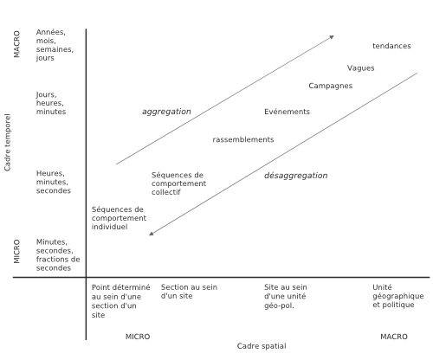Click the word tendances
point(391,46)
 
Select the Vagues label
point(360,68)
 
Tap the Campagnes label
point(331,86)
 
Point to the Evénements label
point(287,112)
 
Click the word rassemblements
point(243,139)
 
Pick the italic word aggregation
point(166,112)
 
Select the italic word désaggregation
point(296,176)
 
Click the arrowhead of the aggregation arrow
point(333,37)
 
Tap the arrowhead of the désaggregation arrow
point(152,234)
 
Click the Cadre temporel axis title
point(7,142)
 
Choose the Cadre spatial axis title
point(262,346)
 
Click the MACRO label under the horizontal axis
point(394,337)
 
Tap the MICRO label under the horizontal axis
point(138,337)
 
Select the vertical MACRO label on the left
point(16,44)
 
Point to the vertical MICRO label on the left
point(16,251)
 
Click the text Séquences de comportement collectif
point(178,183)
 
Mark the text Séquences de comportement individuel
point(119,218)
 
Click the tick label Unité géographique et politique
point(398,296)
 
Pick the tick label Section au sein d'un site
point(189,292)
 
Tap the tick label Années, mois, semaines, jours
point(55,45)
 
